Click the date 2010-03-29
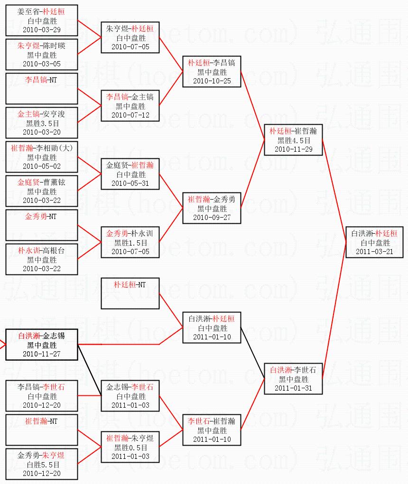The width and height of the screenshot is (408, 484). (x=42, y=29)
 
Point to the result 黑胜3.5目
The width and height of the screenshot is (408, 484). (x=42, y=123)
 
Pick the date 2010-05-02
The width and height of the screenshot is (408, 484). (x=42, y=166)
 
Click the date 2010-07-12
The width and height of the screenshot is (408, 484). (x=130, y=115)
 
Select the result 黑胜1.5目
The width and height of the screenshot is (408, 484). (x=130, y=243)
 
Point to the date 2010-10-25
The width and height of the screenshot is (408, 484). (x=212, y=81)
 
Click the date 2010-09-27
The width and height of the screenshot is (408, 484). (x=212, y=217)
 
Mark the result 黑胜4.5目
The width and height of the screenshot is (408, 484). (x=294, y=140)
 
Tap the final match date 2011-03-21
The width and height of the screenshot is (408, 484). (x=375, y=251)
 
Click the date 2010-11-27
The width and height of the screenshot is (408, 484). (x=42, y=354)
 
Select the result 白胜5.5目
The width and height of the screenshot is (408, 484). (x=42, y=465)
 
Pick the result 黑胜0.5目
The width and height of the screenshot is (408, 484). (x=130, y=447)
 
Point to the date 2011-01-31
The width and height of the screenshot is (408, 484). (x=294, y=388)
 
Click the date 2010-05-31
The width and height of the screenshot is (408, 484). (x=130, y=183)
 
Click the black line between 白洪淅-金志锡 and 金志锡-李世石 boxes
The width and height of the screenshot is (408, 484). (x=90, y=370)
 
